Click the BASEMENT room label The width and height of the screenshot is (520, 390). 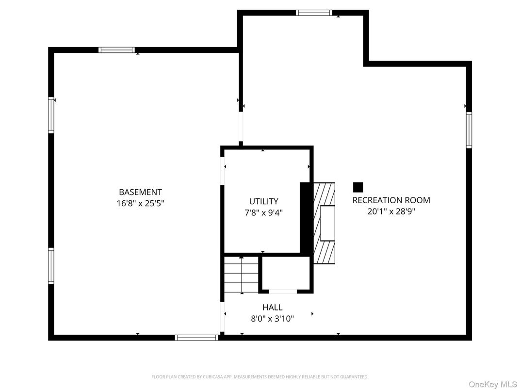pos(140,192)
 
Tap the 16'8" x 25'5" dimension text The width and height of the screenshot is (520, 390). pos(140,204)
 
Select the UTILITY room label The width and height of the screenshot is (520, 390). pos(263,201)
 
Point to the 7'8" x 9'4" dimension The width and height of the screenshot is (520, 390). pos(263,212)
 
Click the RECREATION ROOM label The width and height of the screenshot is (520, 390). pos(391,200)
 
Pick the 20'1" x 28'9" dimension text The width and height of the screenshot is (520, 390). pos(391,211)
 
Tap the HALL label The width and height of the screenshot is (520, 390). pos(272,307)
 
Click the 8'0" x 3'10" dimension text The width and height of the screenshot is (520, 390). pos(272,318)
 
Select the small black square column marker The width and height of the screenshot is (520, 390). pos(358,187)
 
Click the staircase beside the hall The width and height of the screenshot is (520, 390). pos(241,275)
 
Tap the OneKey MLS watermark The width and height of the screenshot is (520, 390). pos(493,384)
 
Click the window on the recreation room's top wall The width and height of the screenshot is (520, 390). pos(314,13)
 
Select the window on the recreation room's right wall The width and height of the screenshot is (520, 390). pos(469,130)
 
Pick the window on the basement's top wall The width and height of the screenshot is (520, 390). pos(116,49)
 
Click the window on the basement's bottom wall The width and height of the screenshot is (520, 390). pos(196,337)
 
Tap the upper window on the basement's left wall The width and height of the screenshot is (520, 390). pos(51,115)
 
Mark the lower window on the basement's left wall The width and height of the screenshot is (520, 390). pos(51,265)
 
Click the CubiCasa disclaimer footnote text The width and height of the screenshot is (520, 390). pos(260,376)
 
